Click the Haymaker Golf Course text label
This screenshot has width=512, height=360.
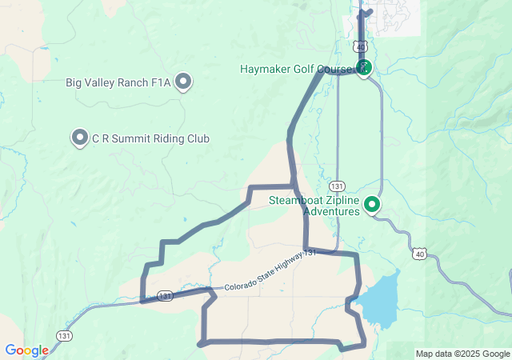296,69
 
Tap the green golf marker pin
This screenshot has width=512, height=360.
364,66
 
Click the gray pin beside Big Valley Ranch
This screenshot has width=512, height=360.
184,81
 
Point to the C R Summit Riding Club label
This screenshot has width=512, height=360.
150,138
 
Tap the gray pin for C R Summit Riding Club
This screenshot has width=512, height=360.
80,138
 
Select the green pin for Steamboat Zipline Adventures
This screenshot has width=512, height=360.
372,205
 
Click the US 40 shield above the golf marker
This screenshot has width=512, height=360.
361,47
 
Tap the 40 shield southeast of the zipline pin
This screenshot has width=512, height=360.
420,254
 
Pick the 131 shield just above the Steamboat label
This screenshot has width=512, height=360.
338,185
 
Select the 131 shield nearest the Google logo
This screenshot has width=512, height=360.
65,335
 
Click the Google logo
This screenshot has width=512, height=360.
26,350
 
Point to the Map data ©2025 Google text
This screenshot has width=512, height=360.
462,354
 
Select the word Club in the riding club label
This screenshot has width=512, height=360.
198,138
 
